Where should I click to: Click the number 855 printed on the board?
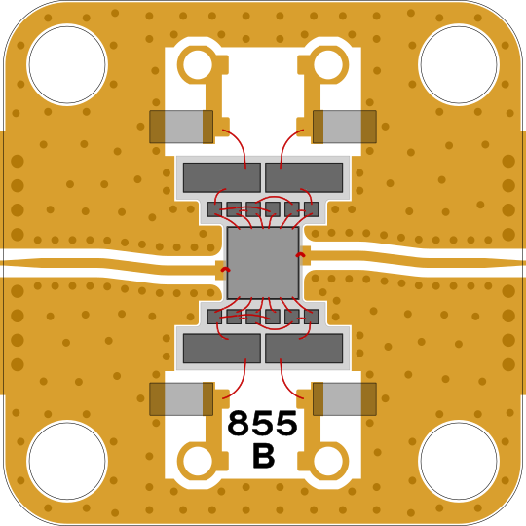tap(262, 423)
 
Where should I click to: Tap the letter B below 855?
tap(263, 456)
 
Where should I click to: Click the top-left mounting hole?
tap(67, 64)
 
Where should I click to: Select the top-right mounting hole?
tap(459, 64)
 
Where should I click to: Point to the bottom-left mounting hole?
tap(67, 461)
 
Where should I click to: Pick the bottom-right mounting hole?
tap(459, 461)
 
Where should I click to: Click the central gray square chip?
tap(263, 263)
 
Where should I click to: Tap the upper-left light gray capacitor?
tap(181, 127)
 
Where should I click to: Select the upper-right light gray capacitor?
tap(345, 127)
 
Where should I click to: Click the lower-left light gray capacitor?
tap(181, 399)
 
